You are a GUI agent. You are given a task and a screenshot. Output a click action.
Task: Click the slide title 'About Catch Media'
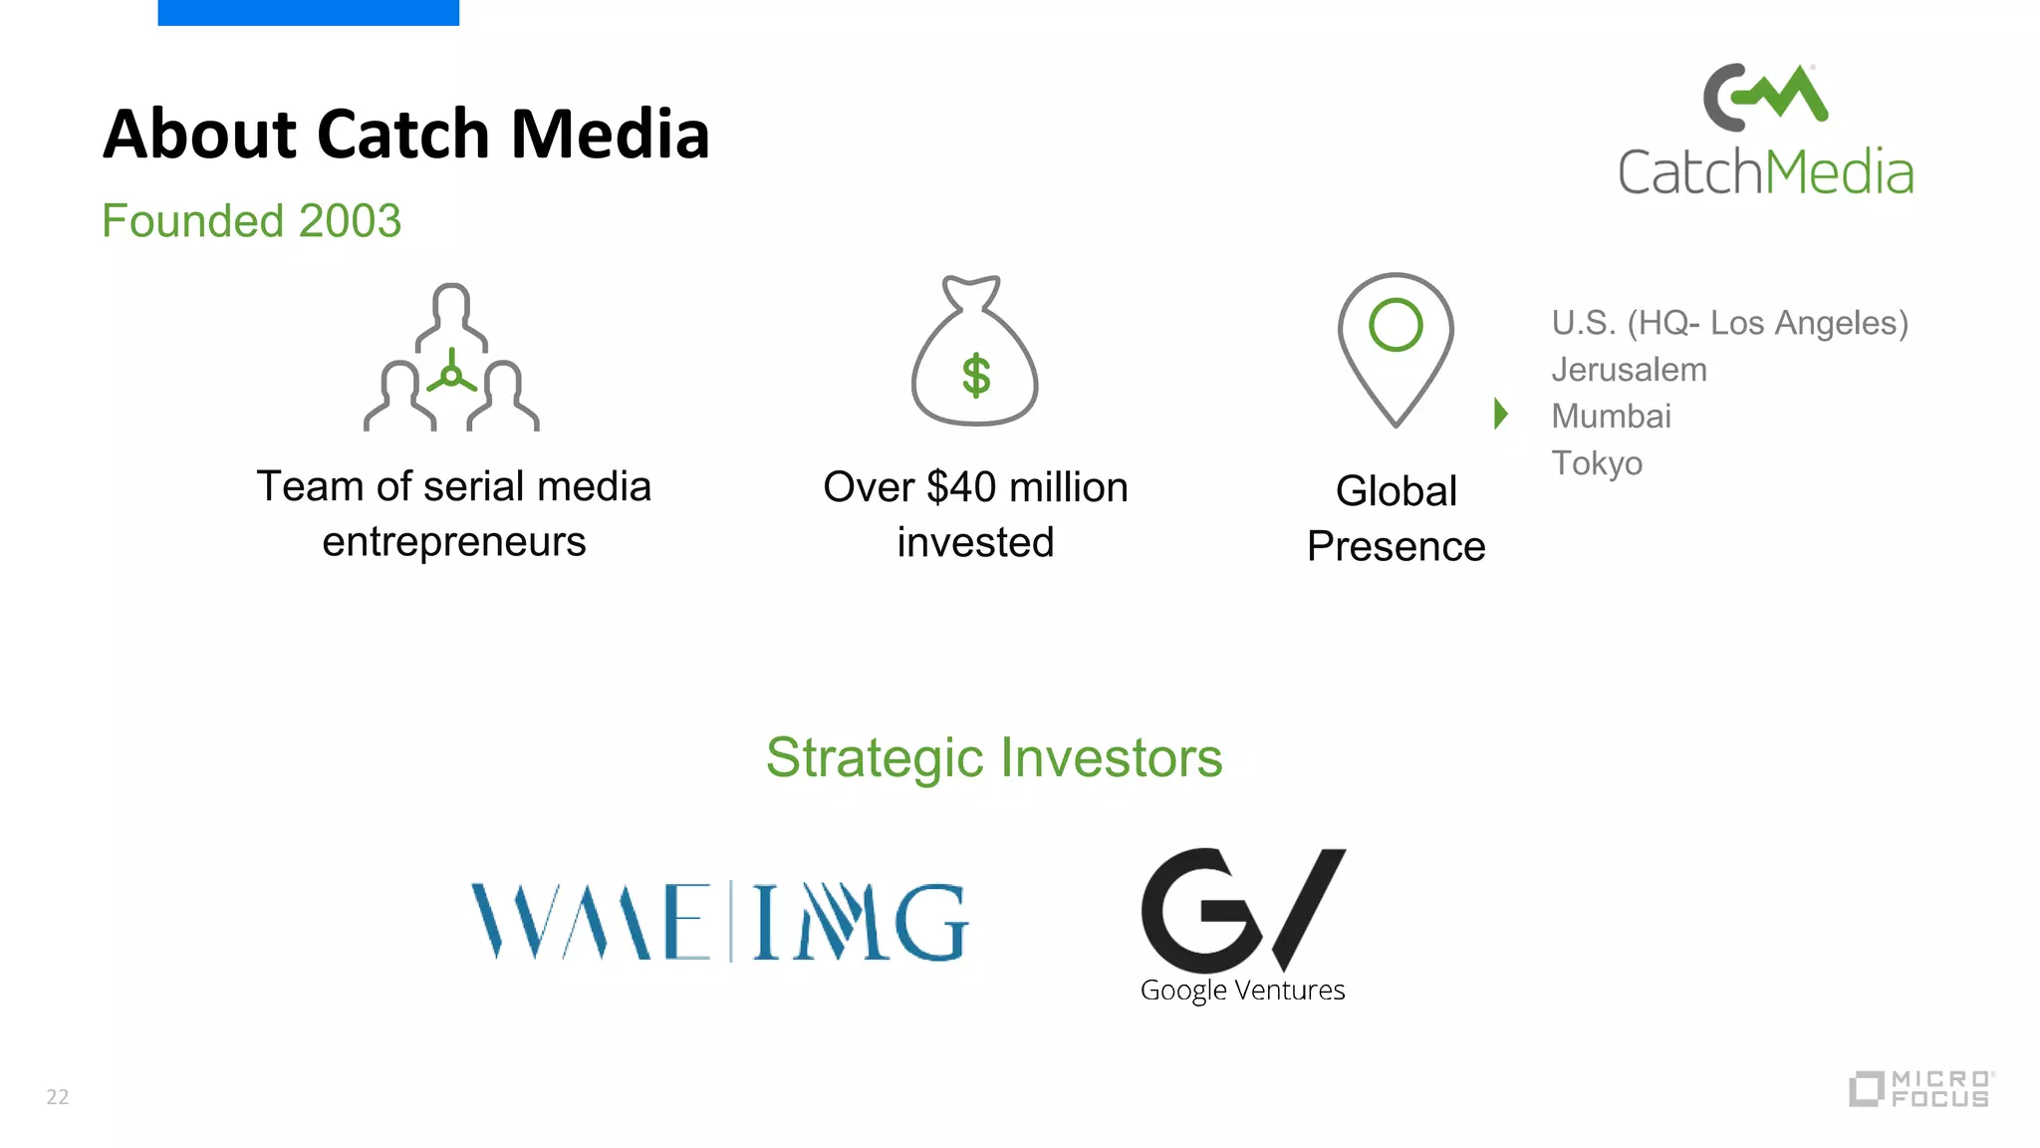pyautogui.click(x=406, y=134)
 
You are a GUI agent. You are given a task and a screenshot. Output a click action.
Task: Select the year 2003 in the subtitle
pyautogui.click(x=350, y=221)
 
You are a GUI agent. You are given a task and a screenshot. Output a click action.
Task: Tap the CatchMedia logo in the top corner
pyautogui.click(x=1765, y=130)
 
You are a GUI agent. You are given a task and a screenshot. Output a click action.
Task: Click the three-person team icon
pyautogui.click(x=451, y=359)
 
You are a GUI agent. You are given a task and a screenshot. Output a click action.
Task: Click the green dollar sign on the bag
pyautogui.click(x=976, y=377)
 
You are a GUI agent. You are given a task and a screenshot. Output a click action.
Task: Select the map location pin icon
pyautogui.click(x=1396, y=349)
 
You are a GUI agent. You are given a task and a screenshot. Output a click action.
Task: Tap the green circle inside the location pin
pyautogui.click(x=1396, y=325)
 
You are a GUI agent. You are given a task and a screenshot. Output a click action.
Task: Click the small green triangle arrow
pyautogui.click(x=1500, y=413)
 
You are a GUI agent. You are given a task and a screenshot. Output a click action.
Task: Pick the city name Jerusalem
pyautogui.click(x=1629, y=370)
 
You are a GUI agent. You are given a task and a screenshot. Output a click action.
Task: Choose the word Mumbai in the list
pyautogui.click(x=1611, y=416)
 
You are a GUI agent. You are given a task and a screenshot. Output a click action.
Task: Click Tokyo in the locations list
pyautogui.click(x=1597, y=463)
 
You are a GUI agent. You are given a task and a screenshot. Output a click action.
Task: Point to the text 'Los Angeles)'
pyautogui.click(x=1809, y=323)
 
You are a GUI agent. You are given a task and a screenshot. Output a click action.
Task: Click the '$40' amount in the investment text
pyautogui.click(x=961, y=487)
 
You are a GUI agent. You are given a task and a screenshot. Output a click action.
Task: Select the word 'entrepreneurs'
pyautogui.click(x=454, y=542)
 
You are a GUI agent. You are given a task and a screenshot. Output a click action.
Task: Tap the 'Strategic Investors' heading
pyautogui.click(x=994, y=757)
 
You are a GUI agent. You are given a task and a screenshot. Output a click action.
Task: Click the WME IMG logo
pyautogui.click(x=719, y=922)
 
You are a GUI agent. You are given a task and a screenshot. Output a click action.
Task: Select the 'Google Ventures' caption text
pyautogui.click(x=1242, y=991)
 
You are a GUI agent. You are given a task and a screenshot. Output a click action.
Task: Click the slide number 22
pyautogui.click(x=58, y=1097)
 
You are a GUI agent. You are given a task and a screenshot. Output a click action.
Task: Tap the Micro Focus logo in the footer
pyautogui.click(x=1921, y=1088)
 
